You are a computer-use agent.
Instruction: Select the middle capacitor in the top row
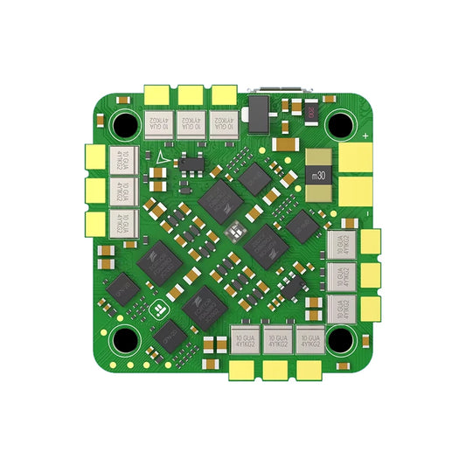pos(191,125)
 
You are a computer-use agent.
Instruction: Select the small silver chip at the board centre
pos(233,231)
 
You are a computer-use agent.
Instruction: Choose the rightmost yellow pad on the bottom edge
pos(307,371)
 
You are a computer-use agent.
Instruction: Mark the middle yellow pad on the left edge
pos(94,190)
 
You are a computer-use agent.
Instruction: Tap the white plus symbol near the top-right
pos(364,136)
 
